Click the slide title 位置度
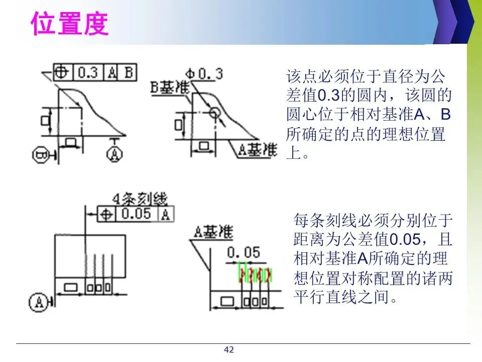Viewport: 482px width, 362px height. pos(70,24)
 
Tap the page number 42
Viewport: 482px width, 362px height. pos(229,350)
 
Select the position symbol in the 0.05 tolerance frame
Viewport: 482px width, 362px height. pos(106,215)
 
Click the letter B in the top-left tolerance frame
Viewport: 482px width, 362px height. pos(128,72)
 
